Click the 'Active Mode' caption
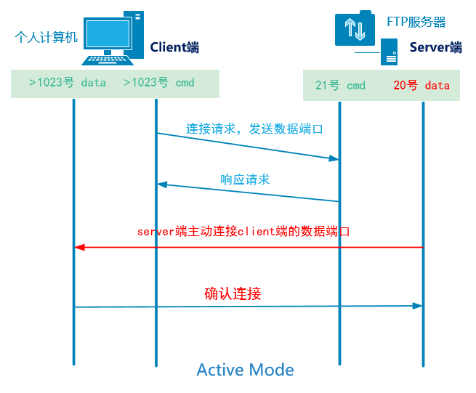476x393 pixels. point(245,370)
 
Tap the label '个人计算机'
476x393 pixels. point(46,37)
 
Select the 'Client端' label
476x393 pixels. point(174,47)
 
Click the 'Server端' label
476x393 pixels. point(435,47)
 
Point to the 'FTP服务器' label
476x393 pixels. point(416,22)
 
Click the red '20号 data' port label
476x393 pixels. point(421,85)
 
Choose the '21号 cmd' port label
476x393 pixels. point(340,85)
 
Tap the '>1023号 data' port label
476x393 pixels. point(68,83)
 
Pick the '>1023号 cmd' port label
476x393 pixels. point(158,83)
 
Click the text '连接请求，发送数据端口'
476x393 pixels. point(254,129)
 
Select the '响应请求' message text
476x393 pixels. point(245,179)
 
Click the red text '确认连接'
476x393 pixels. point(233,293)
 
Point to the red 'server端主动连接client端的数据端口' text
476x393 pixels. point(243,232)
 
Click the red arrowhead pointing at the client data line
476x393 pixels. point(79,248)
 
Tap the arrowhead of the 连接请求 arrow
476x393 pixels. point(334,158)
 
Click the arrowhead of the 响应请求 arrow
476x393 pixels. point(162,185)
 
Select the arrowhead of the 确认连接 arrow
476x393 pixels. point(417,306)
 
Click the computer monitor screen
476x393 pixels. point(108,33)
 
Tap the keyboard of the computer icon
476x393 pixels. point(107,60)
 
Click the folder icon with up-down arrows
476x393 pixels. point(355,28)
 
